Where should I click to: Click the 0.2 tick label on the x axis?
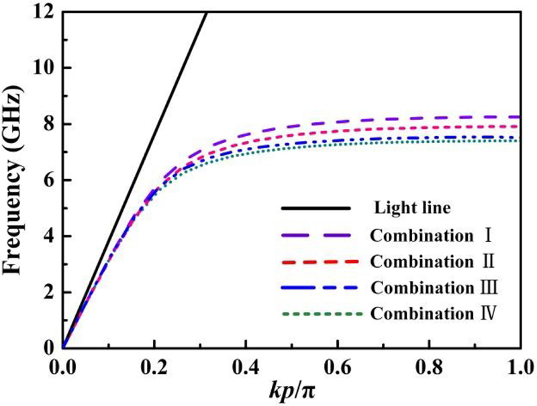[x=154, y=366]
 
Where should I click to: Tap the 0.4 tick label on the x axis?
[x=246, y=366]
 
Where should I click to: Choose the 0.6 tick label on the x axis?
[x=338, y=366]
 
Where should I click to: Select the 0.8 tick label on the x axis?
[x=430, y=366]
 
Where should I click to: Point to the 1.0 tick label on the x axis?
[x=520, y=366]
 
